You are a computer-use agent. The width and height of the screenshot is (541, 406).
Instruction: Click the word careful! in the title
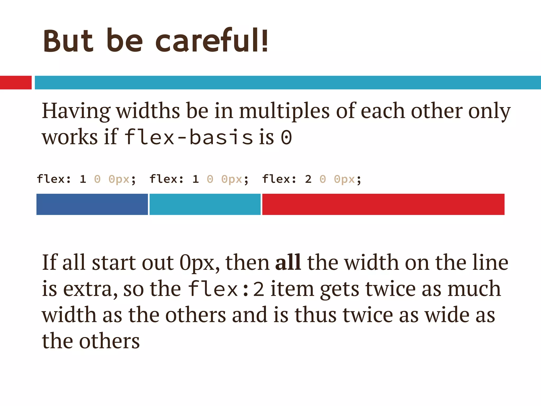click(212, 41)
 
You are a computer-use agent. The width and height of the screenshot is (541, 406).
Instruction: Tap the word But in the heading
click(68, 41)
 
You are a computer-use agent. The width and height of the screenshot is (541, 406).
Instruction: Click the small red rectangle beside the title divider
click(16, 82)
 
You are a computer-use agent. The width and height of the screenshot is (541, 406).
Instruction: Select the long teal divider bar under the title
click(288, 82)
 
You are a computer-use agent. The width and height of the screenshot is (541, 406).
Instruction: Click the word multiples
click(284, 111)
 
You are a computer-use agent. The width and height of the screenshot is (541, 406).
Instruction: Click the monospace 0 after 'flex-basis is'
click(286, 137)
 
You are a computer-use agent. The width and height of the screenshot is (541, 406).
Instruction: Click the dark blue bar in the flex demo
click(92, 204)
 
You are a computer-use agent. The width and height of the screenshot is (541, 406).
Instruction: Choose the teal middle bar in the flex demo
click(205, 204)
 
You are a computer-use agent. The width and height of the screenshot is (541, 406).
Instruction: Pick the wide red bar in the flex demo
click(383, 204)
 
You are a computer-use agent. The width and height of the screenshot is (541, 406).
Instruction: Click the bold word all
click(288, 262)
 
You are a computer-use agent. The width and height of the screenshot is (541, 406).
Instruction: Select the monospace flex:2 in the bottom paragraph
click(226, 289)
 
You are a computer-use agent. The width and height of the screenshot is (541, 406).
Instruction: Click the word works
click(70, 137)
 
